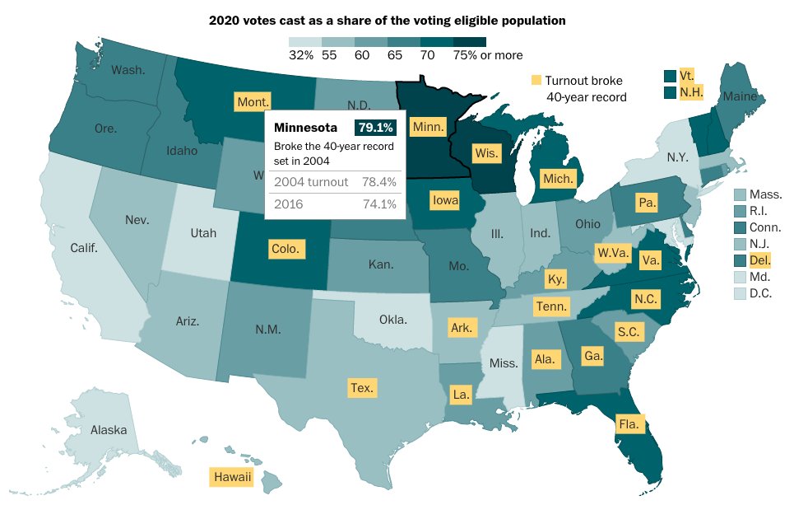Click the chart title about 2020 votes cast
point(388,18)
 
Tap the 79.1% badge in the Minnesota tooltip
point(376,128)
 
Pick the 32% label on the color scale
point(301,55)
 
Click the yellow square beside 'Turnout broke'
point(536,80)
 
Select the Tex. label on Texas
point(361,387)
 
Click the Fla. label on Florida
point(631,424)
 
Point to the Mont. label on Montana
point(253,102)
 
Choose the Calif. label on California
point(84,247)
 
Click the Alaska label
point(109,429)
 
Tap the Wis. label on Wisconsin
point(485,152)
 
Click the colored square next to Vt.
point(671,76)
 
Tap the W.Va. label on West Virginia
point(613,251)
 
